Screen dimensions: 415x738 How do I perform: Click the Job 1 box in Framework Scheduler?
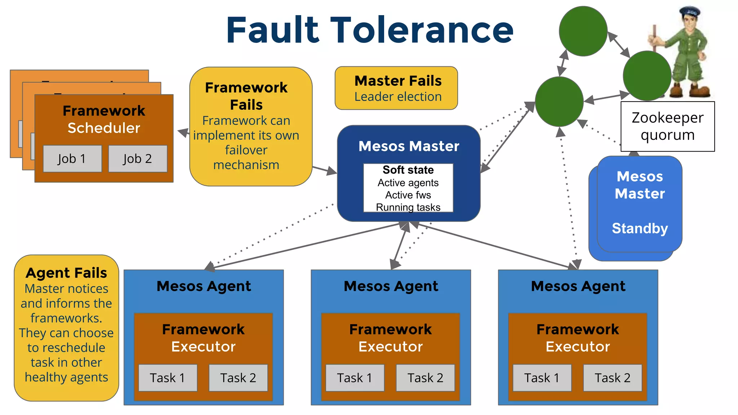pyautogui.click(x=72, y=159)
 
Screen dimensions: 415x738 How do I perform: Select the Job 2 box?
pyautogui.click(x=138, y=159)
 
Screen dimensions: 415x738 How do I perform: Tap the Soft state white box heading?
pyautogui.click(x=408, y=170)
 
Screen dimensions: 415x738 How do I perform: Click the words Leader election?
pyautogui.click(x=398, y=97)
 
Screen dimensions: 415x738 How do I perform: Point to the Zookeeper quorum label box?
pyautogui.click(x=667, y=126)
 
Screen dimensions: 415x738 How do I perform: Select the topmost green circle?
pyautogui.click(x=583, y=31)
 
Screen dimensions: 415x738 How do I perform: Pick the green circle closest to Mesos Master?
pyautogui.click(x=559, y=102)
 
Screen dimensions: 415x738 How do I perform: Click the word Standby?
pyautogui.click(x=640, y=228)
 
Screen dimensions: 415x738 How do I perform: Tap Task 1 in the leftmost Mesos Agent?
pyautogui.click(x=168, y=378)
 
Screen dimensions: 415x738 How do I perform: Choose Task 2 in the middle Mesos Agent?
pyautogui.click(x=425, y=378)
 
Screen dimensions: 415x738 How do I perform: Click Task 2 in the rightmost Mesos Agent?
pyautogui.click(x=612, y=378)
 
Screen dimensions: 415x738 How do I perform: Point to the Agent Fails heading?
pyautogui.click(x=66, y=273)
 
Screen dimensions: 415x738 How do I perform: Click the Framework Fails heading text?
pyautogui.click(x=246, y=96)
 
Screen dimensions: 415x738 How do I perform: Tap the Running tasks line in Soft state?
pyautogui.click(x=408, y=207)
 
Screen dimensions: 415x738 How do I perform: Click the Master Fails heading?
pyautogui.click(x=398, y=81)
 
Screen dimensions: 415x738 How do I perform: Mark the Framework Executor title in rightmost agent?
pyautogui.click(x=578, y=338)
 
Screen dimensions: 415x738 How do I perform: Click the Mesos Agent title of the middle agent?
pyautogui.click(x=391, y=286)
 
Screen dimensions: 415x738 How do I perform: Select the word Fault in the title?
pyautogui.click(x=273, y=30)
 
